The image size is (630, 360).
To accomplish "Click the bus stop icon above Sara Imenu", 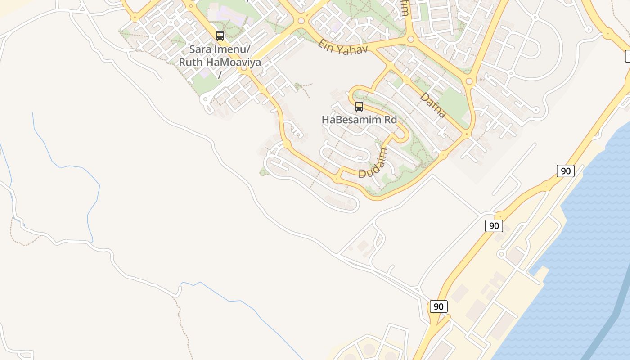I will (220, 36).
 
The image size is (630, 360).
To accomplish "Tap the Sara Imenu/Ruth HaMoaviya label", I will (220, 56).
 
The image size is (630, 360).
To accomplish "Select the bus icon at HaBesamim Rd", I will (359, 107).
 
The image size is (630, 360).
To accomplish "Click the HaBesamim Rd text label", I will (359, 120).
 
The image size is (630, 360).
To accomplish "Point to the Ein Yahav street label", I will (343, 47).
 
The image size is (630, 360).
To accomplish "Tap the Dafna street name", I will (433, 105).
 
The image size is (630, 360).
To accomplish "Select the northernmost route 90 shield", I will (566, 171).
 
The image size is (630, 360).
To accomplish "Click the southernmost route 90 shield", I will (438, 307).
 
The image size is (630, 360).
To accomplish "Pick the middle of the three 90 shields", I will (494, 226).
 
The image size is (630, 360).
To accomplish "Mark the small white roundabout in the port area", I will (501, 254).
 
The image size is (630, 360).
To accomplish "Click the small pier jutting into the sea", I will (540, 270).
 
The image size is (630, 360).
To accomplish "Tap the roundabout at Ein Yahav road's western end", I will (301, 21).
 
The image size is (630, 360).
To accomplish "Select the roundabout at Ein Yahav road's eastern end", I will (410, 40).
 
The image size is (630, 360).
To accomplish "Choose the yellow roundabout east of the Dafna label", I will (469, 81).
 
